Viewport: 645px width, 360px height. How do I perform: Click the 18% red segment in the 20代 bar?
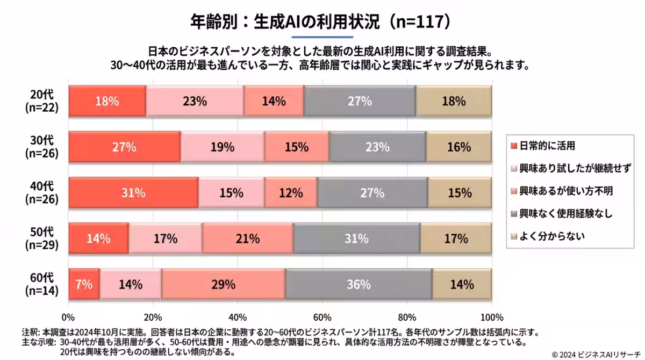(107, 101)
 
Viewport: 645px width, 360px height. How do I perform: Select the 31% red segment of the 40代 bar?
(133, 193)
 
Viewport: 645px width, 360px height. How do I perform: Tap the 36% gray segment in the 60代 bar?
(359, 284)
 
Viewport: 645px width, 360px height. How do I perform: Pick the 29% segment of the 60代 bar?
(224, 284)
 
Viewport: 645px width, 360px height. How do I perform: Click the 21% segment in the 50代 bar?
(248, 239)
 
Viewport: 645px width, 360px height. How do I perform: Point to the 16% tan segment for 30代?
(458, 147)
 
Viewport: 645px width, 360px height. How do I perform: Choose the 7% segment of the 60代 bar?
(84, 284)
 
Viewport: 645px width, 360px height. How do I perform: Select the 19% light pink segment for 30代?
(223, 147)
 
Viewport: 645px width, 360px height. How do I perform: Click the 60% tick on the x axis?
(322, 316)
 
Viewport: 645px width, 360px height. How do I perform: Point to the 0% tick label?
(68, 316)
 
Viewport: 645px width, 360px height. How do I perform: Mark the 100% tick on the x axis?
(491, 316)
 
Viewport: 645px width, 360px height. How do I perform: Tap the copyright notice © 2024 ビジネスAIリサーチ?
(597, 354)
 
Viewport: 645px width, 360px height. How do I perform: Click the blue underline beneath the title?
(322, 37)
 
